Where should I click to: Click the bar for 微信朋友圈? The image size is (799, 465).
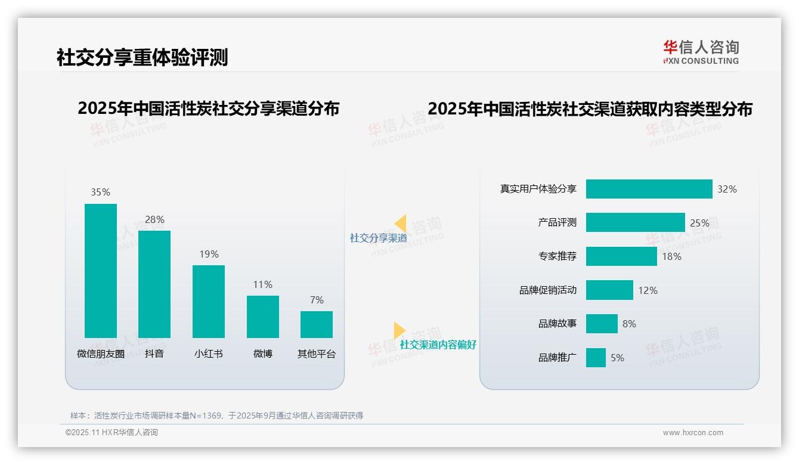(101, 271)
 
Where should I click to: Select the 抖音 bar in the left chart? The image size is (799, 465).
(154, 284)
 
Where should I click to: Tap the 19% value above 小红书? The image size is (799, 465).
(209, 254)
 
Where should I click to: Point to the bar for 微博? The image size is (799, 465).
(262, 317)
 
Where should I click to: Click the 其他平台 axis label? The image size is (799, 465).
(317, 354)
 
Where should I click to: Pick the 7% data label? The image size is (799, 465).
(317, 300)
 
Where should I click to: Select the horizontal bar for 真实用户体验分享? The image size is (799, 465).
(649, 189)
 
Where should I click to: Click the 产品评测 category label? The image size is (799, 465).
(557, 222)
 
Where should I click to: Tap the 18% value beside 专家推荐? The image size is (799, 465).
(671, 256)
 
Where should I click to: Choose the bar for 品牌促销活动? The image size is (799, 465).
(609, 290)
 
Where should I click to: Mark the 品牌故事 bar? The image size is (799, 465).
(602, 324)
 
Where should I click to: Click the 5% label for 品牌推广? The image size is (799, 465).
(617, 358)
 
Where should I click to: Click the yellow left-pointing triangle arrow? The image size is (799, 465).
(400, 224)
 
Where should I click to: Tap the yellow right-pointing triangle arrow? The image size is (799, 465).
(399, 330)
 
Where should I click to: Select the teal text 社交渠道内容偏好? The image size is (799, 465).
(438, 345)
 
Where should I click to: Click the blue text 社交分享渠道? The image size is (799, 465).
(378, 238)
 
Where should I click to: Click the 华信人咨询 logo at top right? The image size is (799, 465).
(701, 52)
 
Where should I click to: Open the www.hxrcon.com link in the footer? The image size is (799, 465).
(692, 433)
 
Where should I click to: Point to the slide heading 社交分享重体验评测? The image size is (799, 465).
(142, 57)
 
